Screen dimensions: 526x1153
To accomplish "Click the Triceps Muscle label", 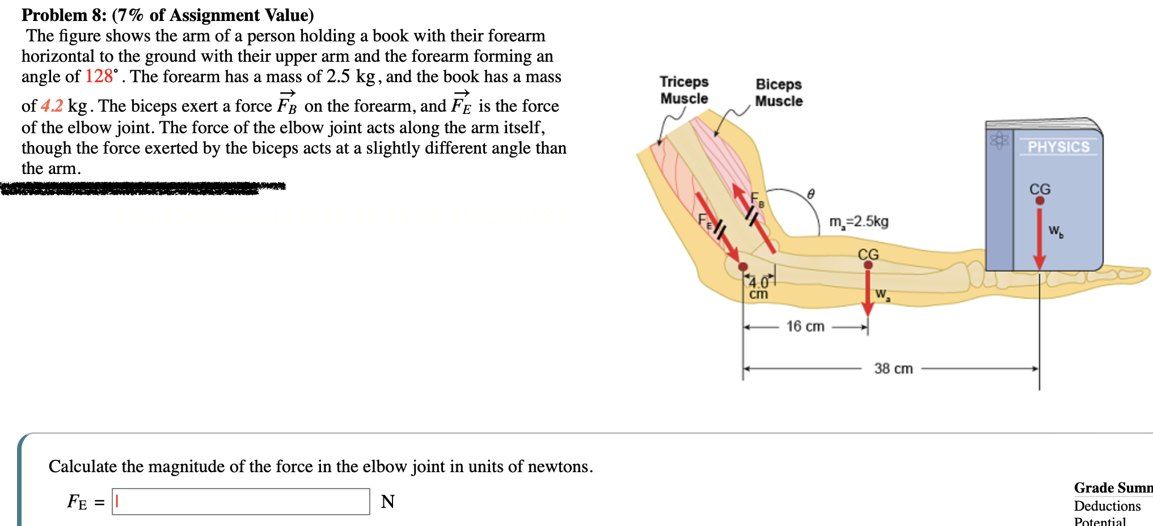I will click(684, 90).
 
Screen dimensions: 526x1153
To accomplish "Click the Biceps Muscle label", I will click(779, 92).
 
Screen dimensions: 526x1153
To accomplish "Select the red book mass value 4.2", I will click(52, 106).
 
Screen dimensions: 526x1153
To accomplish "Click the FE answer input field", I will click(241, 502).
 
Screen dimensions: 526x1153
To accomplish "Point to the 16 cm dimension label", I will click(805, 326).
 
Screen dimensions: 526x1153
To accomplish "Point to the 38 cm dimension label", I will click(893, 369).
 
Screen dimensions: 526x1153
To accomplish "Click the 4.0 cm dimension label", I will click(758, 288).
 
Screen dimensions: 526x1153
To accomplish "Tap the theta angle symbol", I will click(811, 194).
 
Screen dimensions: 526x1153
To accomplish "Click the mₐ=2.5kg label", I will click(859, 222).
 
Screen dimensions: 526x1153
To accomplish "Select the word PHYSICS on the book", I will click(1058, 147).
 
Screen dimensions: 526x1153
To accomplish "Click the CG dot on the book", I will click(1040, 200).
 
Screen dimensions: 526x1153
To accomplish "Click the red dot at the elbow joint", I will click(743, 266).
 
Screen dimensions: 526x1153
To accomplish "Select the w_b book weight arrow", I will click(1039, 238).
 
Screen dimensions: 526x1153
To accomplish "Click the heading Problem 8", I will click(64, 15).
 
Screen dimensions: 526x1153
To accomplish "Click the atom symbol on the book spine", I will click(999, 140).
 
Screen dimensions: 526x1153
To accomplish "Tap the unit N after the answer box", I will click(388, 502).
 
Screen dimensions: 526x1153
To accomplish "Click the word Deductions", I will click(1107, 506).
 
